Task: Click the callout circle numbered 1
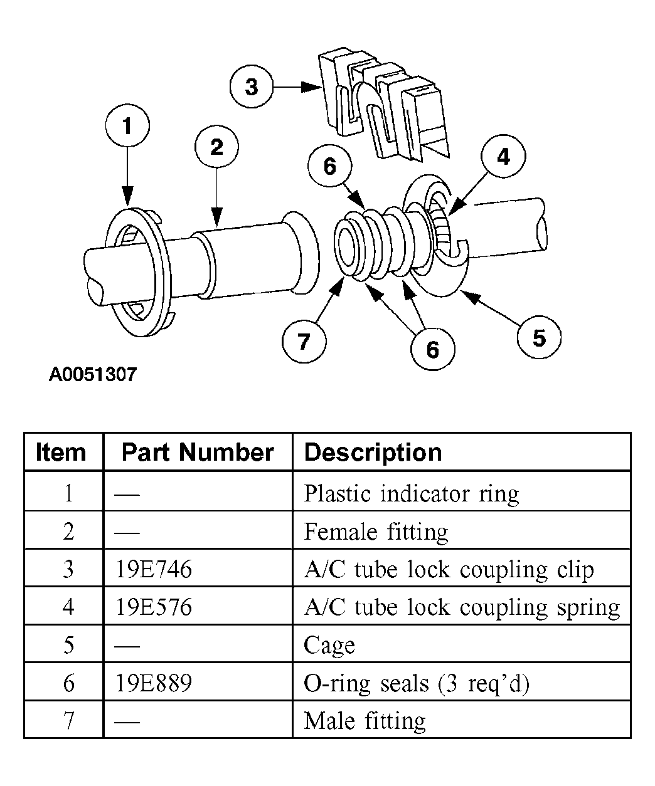[127, 127]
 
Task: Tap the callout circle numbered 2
[216, 147]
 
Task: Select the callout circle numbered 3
[251, 86]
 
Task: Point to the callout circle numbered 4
[504, 157]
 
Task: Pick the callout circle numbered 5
[539, 338]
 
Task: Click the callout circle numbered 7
[304, 342]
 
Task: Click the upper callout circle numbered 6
[329, 166]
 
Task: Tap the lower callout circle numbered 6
[432, 349]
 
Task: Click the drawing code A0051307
[93, 375]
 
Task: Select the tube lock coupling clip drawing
[383, 107]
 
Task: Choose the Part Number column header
[197, 452]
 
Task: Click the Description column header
[373, 452]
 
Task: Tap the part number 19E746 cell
[154, 569]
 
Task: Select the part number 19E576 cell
[154, 607]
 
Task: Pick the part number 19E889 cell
[154, 683]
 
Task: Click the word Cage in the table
[329, 645]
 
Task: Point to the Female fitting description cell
[376, 532]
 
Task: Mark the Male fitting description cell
[365, 720]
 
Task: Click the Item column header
[61, 452]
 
